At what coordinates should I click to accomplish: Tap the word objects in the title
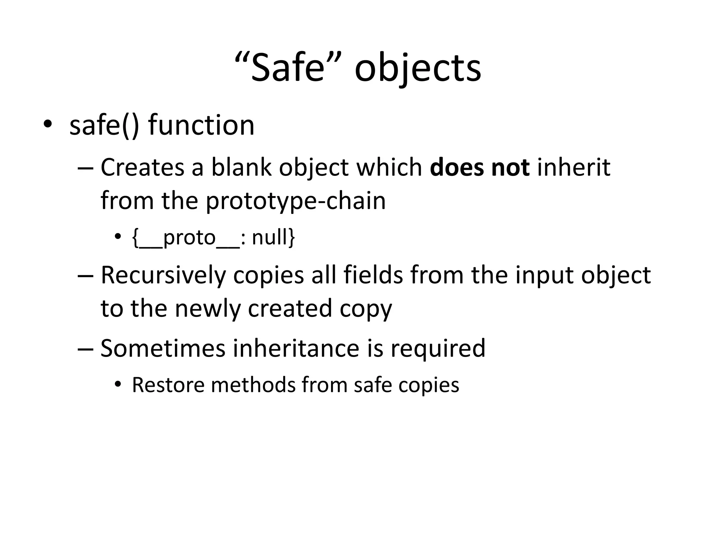coord(418,68)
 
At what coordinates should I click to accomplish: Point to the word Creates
coord(142,167)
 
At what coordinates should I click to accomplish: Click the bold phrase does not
coord(480,167)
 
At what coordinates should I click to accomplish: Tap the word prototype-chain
coord(296,201)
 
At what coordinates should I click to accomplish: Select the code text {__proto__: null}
coord(214,238)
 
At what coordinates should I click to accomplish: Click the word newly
coord(208,309)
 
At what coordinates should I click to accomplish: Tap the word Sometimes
coord(163,348)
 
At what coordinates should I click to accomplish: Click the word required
coord(438,349)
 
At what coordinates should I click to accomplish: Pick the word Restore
coord(168,385)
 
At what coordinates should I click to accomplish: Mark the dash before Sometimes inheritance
coord(85,349)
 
